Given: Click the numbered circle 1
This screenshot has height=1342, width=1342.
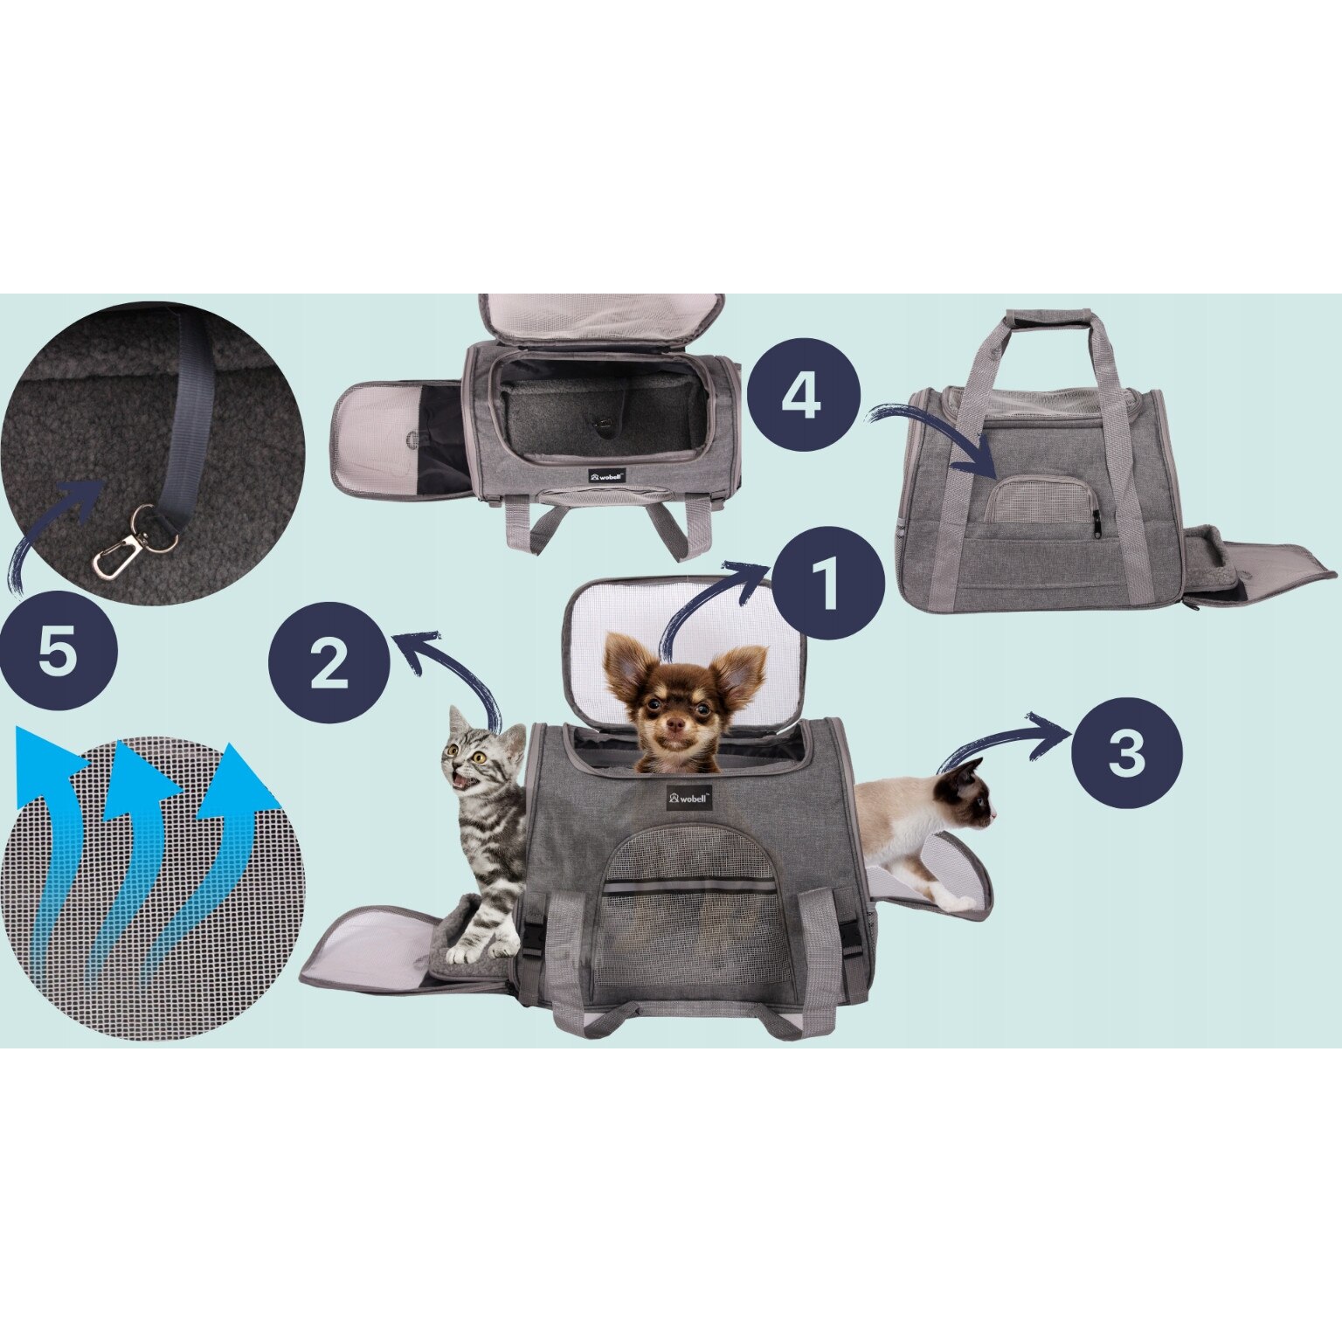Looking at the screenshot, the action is tap(826, 585).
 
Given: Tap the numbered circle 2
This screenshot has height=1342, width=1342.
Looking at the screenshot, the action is tap(329, 664).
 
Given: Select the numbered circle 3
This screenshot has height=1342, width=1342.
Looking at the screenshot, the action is tap(1127, 751).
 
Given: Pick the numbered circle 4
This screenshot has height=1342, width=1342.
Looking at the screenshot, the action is tap(801, 397).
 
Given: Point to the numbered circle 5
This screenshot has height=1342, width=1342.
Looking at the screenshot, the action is tap(59, 651).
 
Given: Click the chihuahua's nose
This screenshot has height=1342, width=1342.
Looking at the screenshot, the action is tap(673, 726).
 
